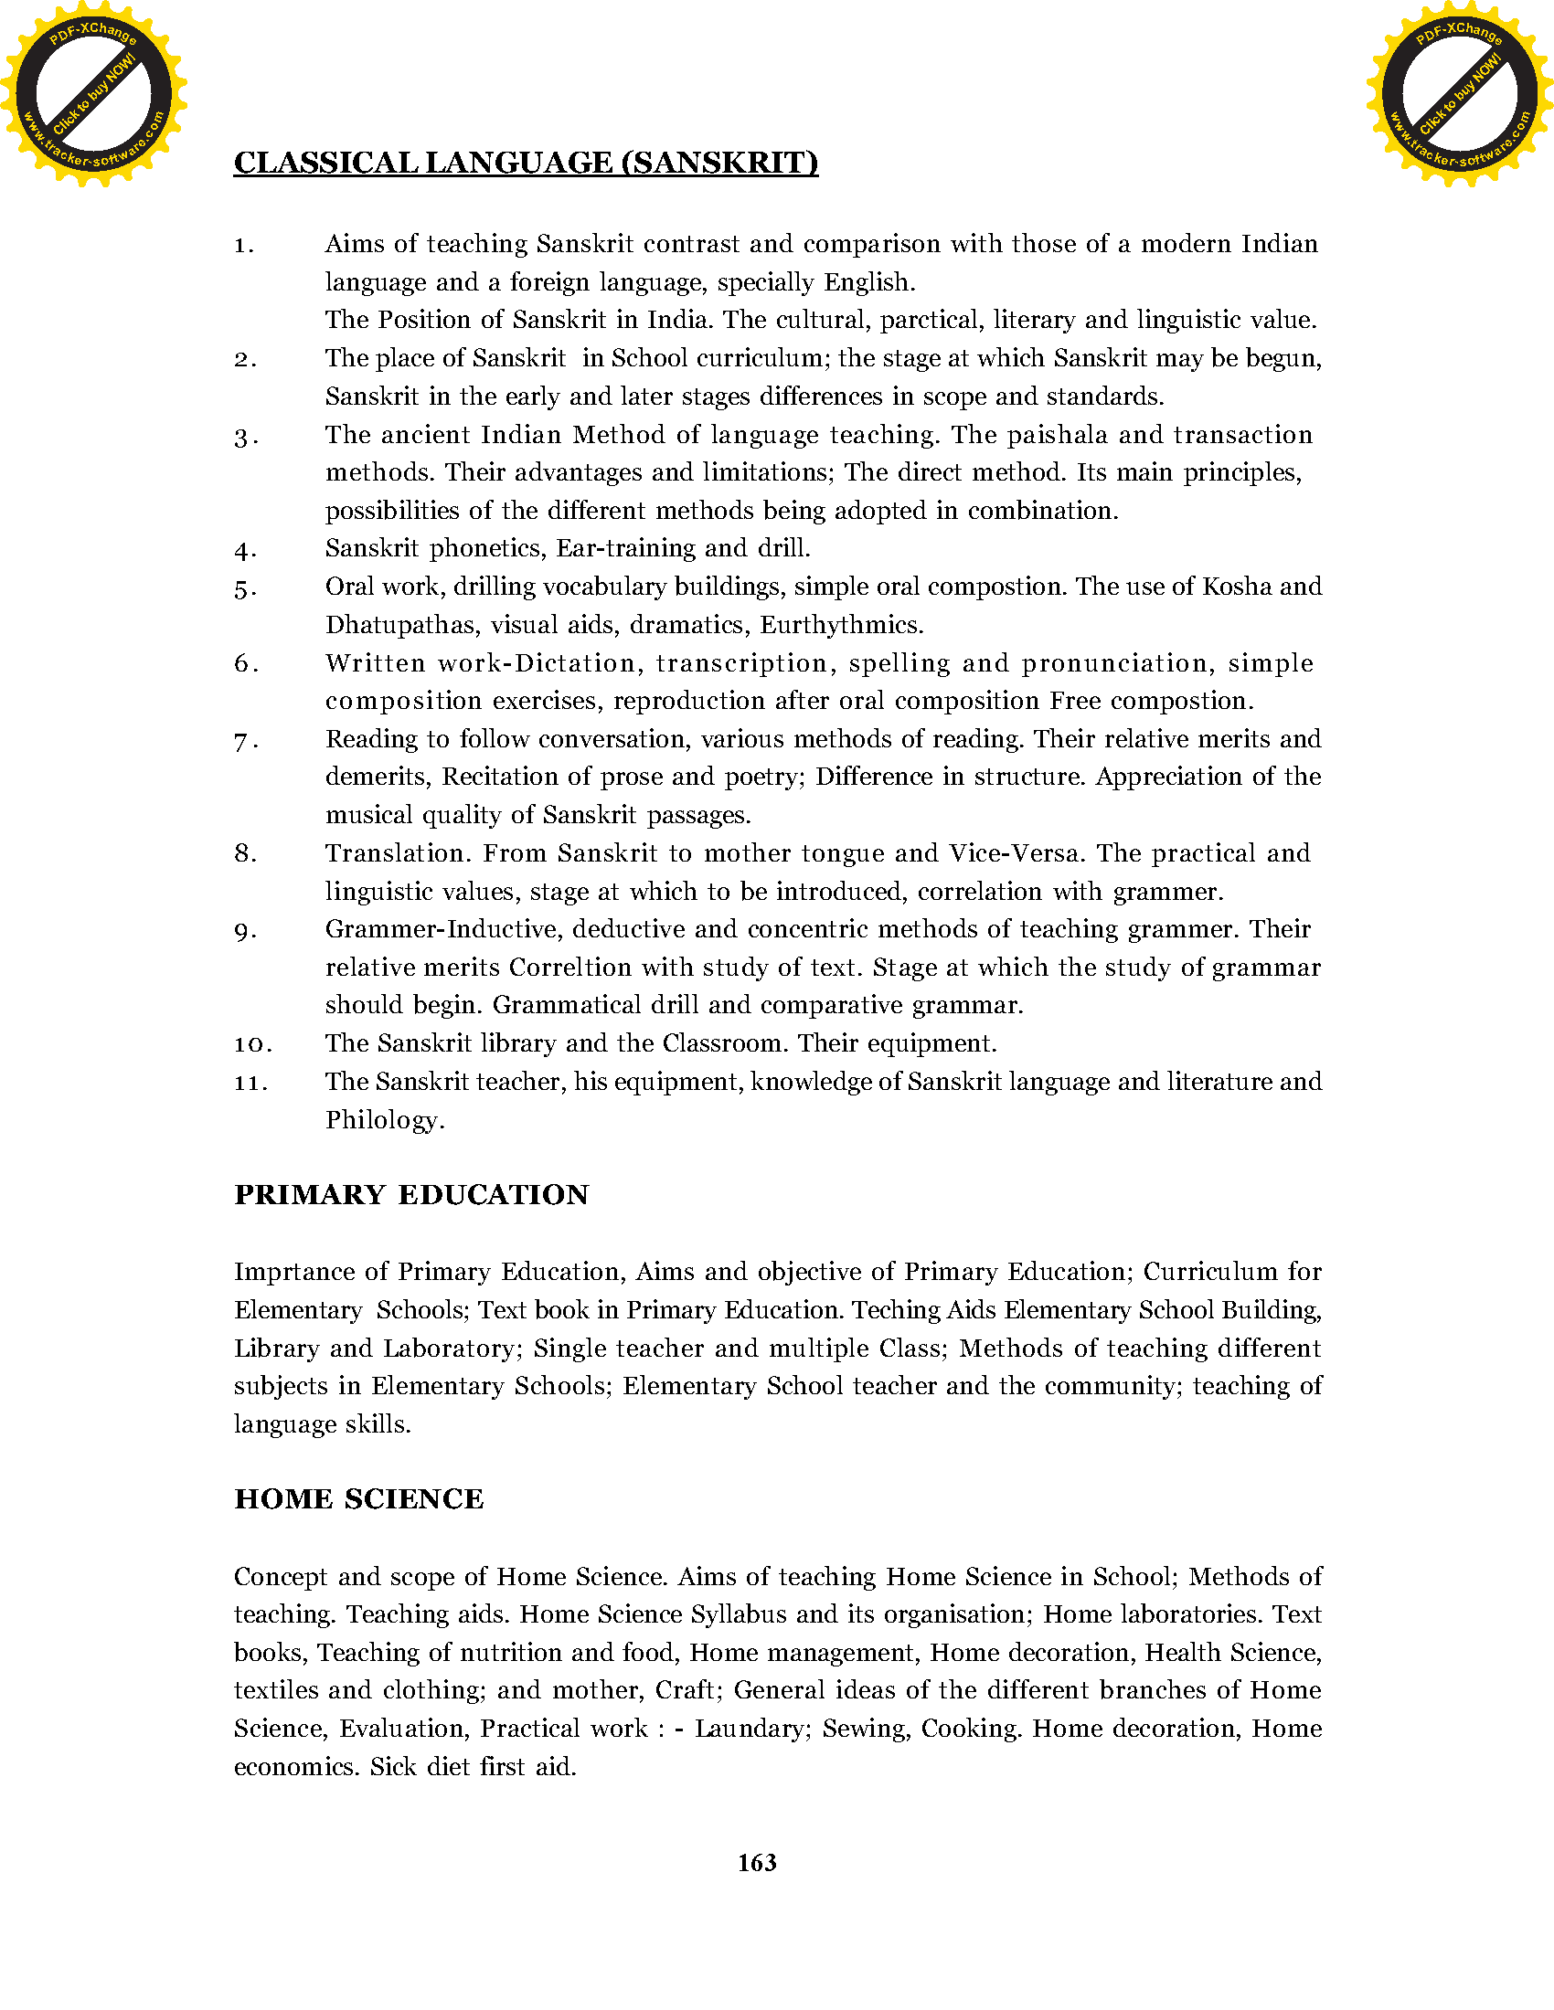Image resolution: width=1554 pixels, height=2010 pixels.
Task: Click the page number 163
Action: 757,1863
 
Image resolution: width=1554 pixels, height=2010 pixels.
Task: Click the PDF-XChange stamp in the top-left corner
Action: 93,93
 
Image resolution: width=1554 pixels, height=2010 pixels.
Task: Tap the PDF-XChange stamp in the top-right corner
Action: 1459,93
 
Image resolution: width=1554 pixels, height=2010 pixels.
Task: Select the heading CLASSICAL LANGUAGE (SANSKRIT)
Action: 526,163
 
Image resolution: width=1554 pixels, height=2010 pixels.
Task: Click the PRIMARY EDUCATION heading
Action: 411,1195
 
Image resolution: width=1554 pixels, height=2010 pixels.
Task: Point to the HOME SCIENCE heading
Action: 359,1499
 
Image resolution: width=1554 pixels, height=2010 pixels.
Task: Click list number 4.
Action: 245,551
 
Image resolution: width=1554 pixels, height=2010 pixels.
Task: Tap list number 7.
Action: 245,741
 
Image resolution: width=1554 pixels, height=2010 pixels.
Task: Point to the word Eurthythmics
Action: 840,625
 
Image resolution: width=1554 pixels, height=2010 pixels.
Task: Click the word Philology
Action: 384,1120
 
